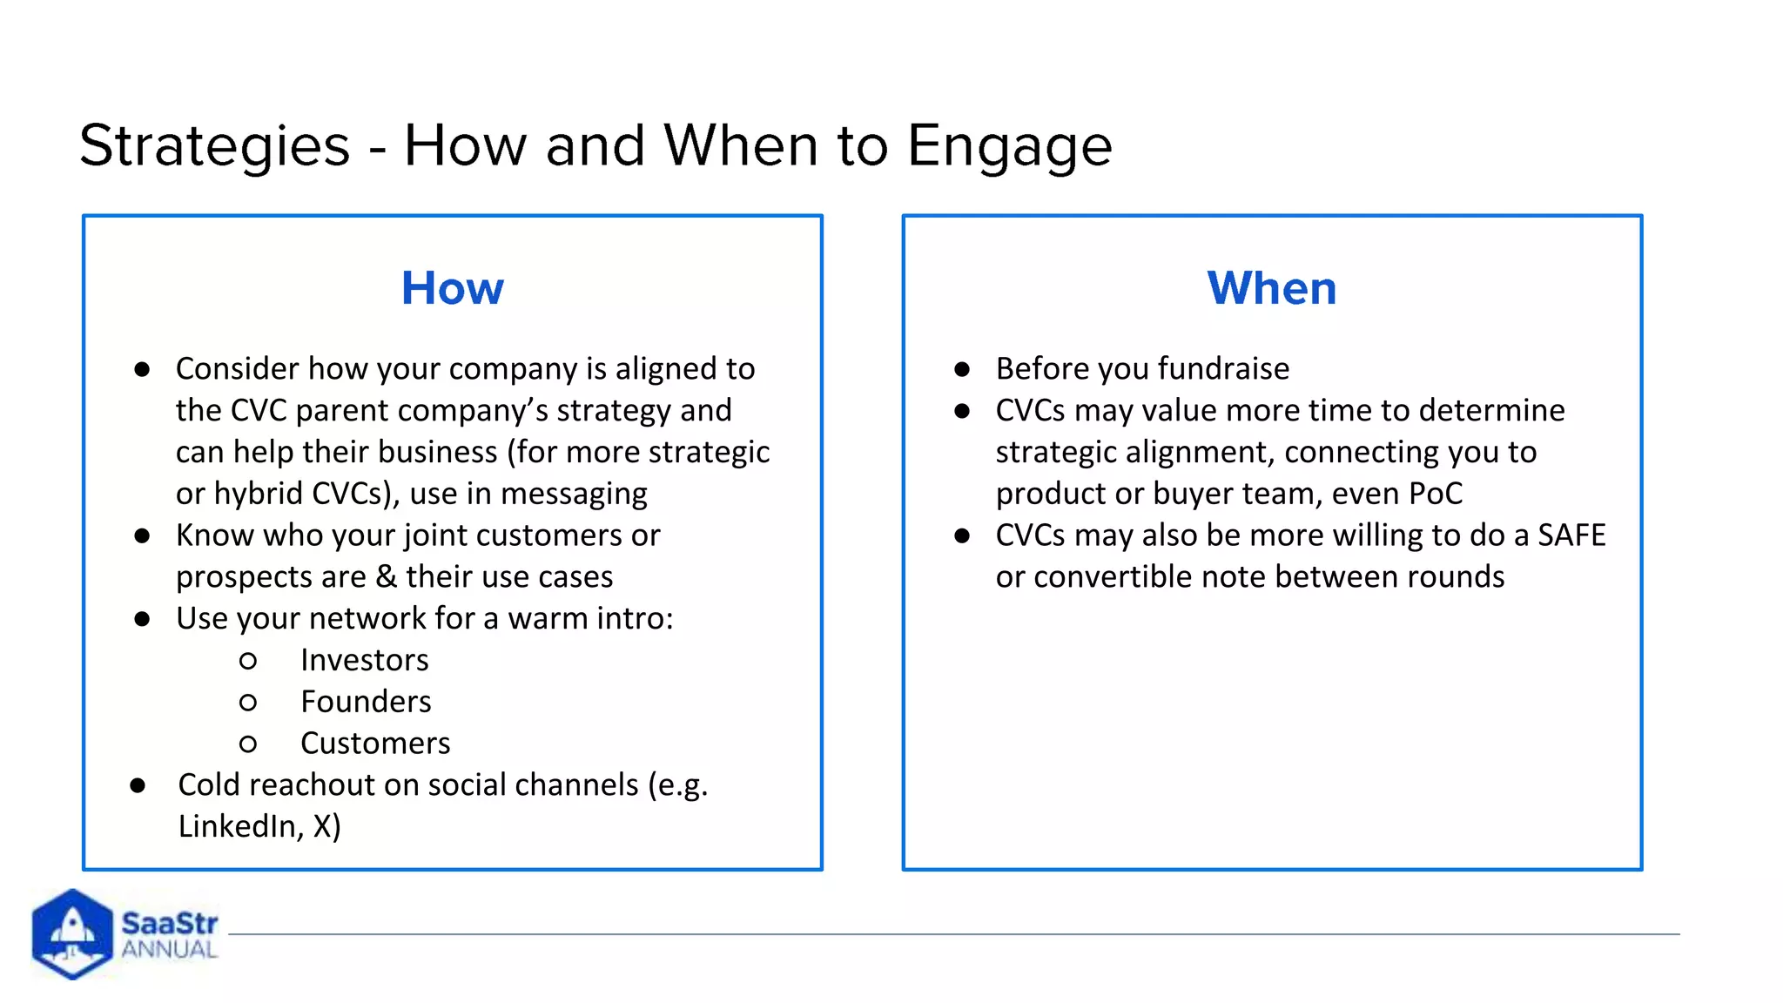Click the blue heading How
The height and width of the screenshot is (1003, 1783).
[x=452, y=288]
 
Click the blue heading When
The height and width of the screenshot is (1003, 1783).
[x=1271, y=288]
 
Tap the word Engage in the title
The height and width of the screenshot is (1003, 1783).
[x=1009, y=145]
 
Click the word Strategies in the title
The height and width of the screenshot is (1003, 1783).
[x=214, y=145]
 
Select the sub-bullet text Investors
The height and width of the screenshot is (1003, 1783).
[x=364, y=660]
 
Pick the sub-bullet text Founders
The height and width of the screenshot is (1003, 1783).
[x=366, y=702]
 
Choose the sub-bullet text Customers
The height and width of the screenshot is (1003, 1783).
[x=375, y=744]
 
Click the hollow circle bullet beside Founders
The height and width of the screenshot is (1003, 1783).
[x=248, y=703]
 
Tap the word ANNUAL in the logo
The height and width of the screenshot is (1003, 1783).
[x=169, y=950]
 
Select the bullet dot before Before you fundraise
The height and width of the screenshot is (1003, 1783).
[x=962, y=369]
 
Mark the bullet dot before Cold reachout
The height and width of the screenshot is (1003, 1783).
[x=138, y=786]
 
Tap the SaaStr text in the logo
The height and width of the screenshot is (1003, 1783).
[x=169, y=923]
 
